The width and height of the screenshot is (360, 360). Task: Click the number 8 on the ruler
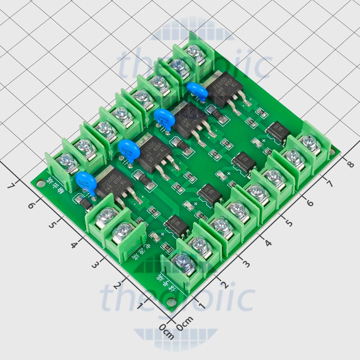[x=350, y=164]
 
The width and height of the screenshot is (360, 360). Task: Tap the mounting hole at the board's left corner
[x=40, y=184]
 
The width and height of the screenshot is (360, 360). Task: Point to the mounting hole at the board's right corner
[x=336, y=154]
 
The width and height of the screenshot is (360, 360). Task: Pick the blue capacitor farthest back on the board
[x=197, y=91]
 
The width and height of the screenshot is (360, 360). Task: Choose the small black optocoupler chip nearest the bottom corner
[x=176, y=224]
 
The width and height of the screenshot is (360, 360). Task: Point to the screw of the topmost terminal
[x=194, y=51]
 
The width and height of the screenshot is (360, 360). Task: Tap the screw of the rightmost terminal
[x=309, y=142]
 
